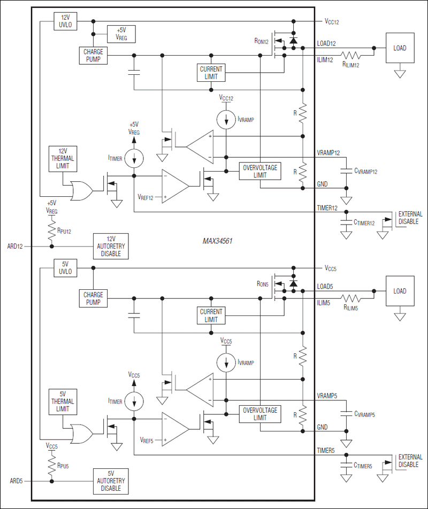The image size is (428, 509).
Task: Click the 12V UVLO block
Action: (66, 21)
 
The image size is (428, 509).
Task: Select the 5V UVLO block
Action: (66, 267)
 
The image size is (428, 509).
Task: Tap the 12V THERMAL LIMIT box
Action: (62, 159)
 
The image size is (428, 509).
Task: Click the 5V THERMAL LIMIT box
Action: (62, 402)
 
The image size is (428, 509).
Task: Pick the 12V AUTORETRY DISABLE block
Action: (111, 246)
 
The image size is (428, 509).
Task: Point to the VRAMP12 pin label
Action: (328, 152)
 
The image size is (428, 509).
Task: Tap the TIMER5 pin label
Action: (326, 450)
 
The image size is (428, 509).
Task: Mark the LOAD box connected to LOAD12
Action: (400, 48)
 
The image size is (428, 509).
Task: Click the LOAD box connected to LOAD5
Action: (400, 291)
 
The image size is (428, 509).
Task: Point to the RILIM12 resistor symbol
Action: (351, 55)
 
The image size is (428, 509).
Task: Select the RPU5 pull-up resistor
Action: (52, 462)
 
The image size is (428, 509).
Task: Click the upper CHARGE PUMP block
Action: (93, 56)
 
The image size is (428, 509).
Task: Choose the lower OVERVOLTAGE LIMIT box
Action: (259, 413)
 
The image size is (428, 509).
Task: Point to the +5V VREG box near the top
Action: (121, 34)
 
